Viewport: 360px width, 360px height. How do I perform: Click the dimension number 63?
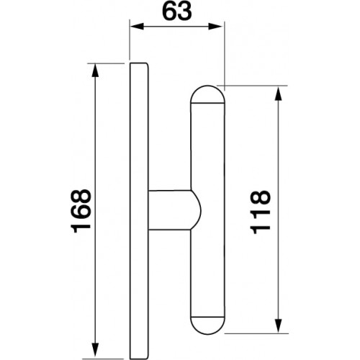177,12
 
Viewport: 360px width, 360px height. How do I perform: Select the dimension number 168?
81,211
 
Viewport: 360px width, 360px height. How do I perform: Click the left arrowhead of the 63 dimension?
137,27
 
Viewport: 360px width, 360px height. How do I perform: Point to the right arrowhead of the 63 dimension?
215,27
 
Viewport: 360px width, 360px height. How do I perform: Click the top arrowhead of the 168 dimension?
95,71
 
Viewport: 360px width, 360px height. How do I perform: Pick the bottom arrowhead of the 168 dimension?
95,351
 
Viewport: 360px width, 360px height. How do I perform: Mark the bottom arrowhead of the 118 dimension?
278,325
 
